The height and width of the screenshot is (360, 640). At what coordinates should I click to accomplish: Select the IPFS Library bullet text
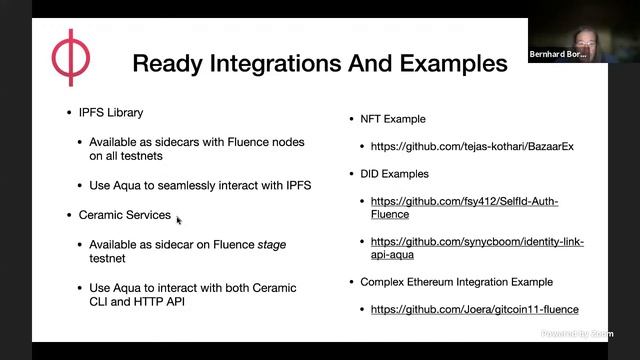(x=111, y=112)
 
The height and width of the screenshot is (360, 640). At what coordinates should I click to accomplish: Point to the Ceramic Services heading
(x=124, y=215)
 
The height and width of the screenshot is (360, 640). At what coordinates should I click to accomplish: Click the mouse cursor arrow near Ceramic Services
(x=179, y=220)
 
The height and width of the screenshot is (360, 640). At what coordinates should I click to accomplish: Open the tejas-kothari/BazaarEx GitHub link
(x=472, y=147)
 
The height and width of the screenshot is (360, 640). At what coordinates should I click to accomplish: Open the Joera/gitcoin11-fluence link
(x=474, y=310)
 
